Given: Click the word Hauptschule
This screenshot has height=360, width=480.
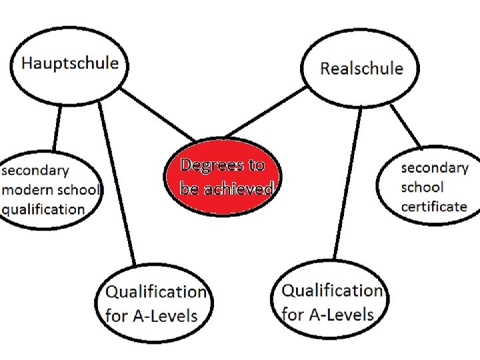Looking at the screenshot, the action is [x=70, y=64].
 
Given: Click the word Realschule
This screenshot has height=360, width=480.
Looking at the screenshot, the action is [x=361, y=69].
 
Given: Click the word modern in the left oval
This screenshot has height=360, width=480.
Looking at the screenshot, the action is [x=27, y=189].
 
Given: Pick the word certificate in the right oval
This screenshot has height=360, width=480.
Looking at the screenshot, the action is [x=434, y=206].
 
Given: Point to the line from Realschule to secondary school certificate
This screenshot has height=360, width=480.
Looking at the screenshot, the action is [x=405, y=127].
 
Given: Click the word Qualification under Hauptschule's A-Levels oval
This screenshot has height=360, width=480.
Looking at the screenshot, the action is [x=156, y=292].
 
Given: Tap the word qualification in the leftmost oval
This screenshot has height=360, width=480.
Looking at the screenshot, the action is [x=43, y=209].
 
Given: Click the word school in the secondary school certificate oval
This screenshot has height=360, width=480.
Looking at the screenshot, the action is [x=422, y=187].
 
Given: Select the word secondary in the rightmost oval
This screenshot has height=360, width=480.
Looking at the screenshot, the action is [x=435, y=167].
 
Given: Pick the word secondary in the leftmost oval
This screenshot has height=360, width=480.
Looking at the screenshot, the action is [x=35, y=170].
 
